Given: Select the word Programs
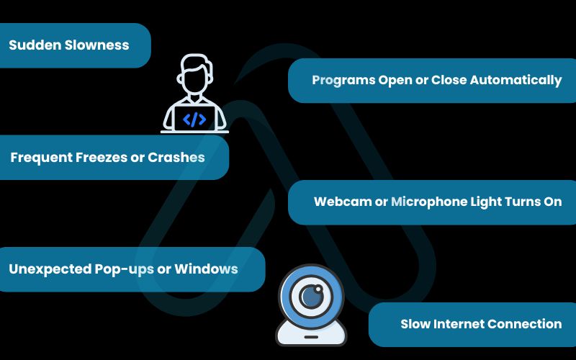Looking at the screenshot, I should pyautogui.click(x=343, y=80).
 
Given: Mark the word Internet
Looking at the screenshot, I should pyautogui.click(x=460, y=324).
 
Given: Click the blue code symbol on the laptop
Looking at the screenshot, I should pyautogui.click(x=194, y=120).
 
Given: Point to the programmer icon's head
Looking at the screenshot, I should pyautogui.click(x=194, y=75).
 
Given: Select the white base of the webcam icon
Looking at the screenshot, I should pyautogui.click(x=311, y=333).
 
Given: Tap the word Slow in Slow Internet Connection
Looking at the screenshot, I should pyautogui.click(x=415, y=324).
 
